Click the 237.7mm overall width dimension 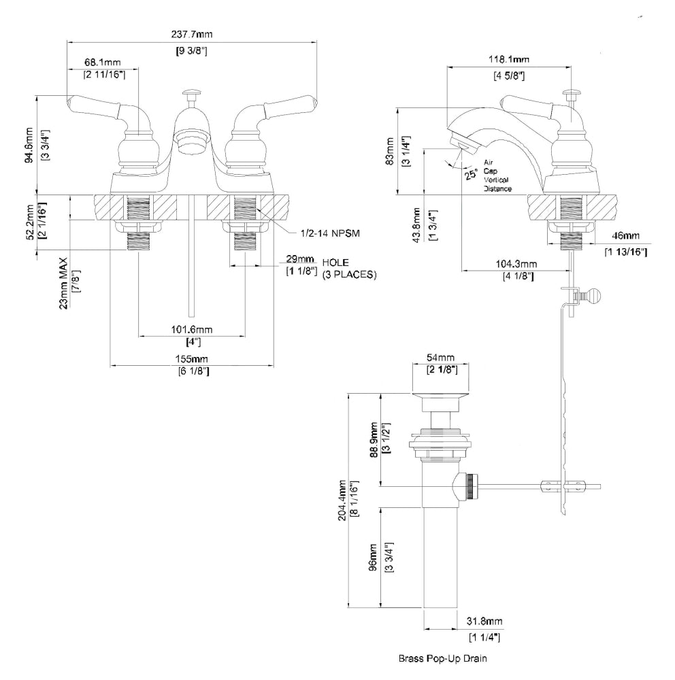pos(191,35)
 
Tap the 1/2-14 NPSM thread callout pos(329,233)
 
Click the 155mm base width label pos(192,358)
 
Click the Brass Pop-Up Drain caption pos(443,658)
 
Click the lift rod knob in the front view pos(191,92)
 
